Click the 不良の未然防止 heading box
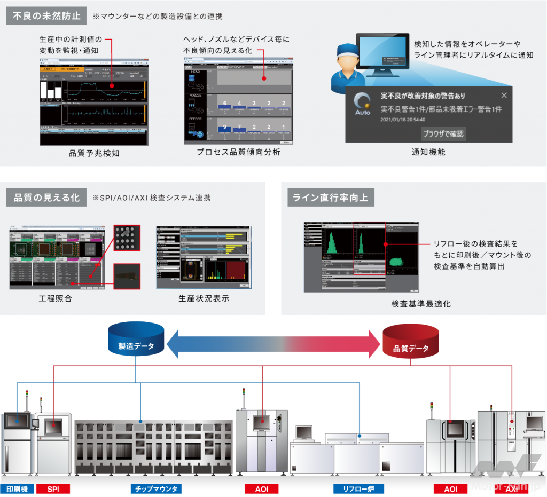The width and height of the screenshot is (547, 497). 46,16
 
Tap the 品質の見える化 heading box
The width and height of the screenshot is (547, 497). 46,198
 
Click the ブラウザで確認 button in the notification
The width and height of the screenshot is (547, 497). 443,133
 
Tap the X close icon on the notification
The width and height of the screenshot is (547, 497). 504,95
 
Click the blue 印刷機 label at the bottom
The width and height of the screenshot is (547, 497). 17,489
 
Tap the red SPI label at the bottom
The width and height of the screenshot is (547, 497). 53,489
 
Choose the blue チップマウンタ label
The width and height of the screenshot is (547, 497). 156,489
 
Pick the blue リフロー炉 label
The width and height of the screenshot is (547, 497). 358,489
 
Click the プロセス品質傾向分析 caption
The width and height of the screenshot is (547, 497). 238,152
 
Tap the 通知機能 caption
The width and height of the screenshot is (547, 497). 428,152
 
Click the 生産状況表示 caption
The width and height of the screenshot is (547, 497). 204,298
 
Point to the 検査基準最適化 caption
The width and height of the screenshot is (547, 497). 421,304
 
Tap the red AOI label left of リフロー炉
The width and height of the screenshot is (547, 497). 262,489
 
